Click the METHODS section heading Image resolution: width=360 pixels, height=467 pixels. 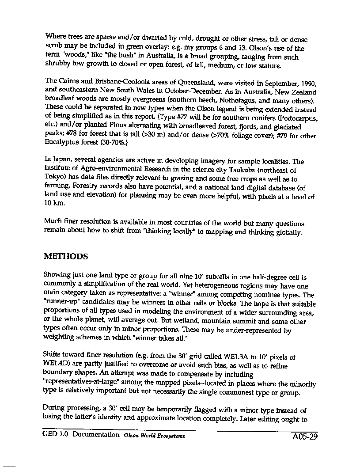[66, 257]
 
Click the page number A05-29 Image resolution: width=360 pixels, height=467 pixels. [305, 438]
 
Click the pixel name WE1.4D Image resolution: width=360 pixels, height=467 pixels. [57, 366]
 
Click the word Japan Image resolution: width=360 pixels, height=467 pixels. [63, 161]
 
